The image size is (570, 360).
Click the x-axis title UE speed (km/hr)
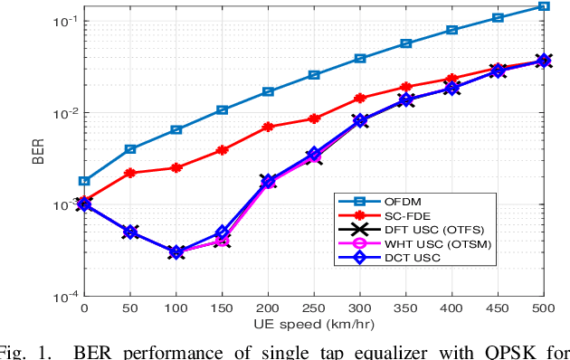point(313,325)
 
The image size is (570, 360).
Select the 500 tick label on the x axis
point(543,308)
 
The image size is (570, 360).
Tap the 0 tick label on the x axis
point(84,308)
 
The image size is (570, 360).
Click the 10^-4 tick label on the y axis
point(62,296)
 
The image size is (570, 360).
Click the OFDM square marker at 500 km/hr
point(543,6)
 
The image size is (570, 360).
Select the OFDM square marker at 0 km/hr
point(84,181)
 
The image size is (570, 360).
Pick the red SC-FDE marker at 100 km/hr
point(176,167)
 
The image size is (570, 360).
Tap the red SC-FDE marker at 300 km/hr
point(360,98)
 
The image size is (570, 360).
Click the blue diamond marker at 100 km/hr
point(176,252)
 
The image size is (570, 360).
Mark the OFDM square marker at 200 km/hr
point(268,91)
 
